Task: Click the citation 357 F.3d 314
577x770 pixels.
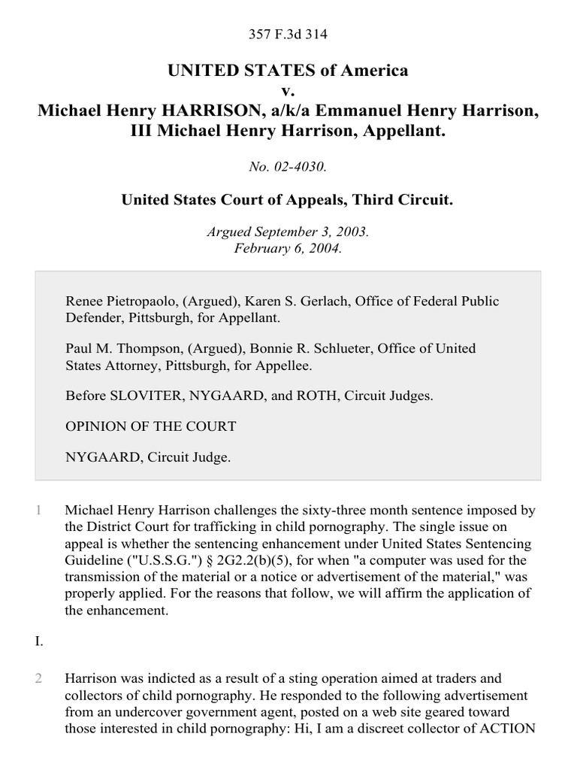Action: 288,34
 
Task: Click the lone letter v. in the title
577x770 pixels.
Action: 288,91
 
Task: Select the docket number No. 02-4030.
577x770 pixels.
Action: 288,166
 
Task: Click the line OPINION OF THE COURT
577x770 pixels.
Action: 151,426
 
